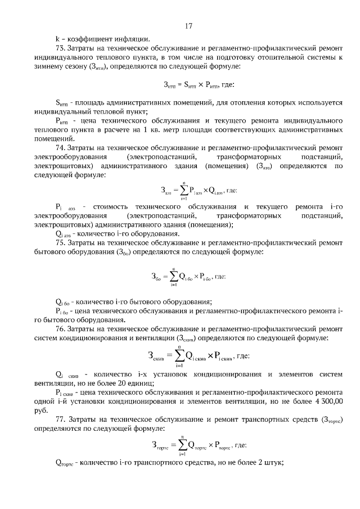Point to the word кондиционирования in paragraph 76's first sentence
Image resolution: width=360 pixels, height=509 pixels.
[95, 337]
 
